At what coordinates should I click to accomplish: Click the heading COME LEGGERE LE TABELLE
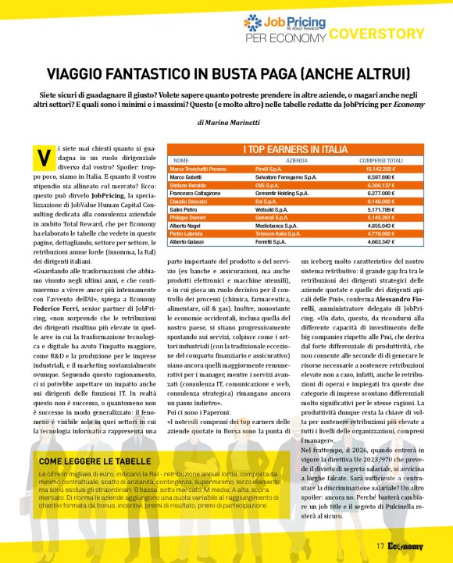click(x=94, y=461)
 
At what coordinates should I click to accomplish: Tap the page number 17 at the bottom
click(x=380, y=545)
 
